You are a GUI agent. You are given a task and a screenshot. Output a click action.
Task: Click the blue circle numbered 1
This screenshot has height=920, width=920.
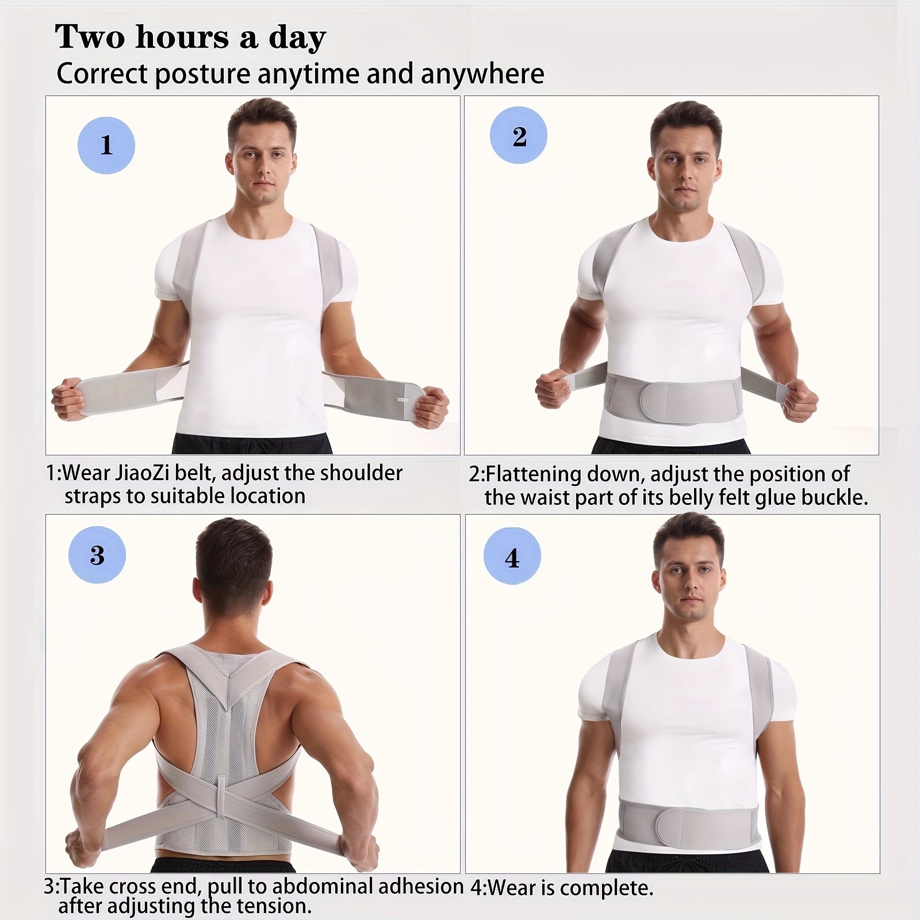click(106, 145)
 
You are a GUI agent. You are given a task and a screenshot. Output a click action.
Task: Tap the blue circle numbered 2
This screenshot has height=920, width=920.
click(519, 136)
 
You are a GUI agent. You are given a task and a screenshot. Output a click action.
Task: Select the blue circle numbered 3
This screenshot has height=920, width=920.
click(97, 555)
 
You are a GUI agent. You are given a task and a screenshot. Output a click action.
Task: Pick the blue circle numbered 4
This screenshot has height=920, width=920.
click(512, 557)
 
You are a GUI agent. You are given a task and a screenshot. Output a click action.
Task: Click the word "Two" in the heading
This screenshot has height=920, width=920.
click(90, 37)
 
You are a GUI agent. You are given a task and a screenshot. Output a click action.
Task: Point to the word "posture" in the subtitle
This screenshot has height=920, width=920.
click(202, 75)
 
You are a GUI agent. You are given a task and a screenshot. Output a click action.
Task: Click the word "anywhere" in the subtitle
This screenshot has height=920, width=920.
click(482, 75)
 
